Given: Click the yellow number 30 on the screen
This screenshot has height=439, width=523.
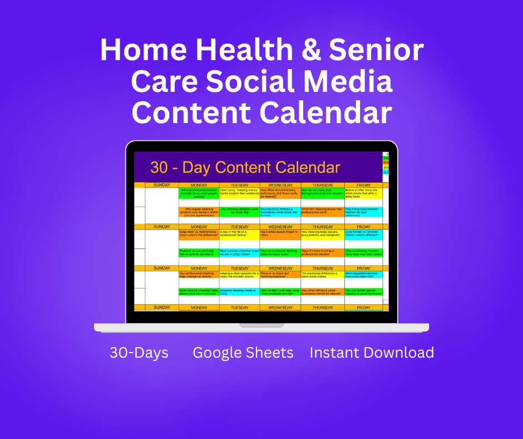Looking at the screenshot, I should click(161, 167).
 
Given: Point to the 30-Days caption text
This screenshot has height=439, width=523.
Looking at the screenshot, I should click(139, 353).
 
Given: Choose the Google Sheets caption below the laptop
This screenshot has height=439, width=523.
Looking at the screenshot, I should click(243, 353).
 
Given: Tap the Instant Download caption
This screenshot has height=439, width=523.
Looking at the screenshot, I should click(372, 353).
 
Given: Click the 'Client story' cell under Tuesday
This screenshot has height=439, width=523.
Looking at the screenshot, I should click(239, 193).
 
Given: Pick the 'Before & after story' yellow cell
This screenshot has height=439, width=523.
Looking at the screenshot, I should click(363, 193).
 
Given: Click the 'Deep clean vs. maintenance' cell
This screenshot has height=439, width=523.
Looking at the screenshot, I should click(199, 234).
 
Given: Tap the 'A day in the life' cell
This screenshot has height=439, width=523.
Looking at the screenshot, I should click(239, 234).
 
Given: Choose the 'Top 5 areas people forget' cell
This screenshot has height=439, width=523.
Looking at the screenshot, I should click(280, 234).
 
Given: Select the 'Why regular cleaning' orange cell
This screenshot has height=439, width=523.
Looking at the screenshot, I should click(199, 212).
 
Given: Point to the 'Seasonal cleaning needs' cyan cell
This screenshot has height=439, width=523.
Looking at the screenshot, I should click(239, 292).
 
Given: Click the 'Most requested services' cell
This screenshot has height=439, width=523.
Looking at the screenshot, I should click(363, 275).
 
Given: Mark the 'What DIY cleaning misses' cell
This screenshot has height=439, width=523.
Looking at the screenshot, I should click(322, 212).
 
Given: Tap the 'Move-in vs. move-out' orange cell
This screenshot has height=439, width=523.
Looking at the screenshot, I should click(280, 275).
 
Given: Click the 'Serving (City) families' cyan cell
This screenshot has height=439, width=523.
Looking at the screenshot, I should click(280, 212).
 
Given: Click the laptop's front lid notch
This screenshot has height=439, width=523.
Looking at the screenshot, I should click(261, 325).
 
